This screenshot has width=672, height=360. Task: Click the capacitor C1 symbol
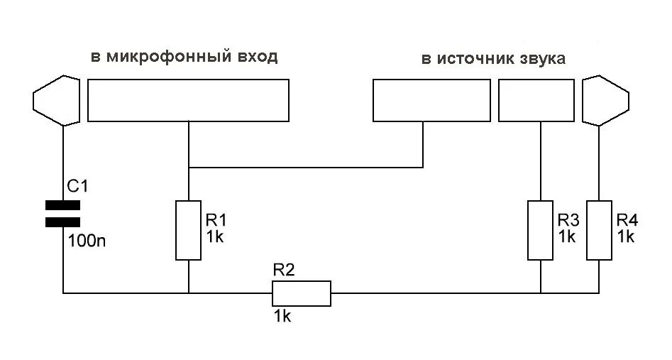coord(62,214)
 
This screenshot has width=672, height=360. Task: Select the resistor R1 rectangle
coord(188,230)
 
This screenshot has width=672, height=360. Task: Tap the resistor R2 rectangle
coord(302,293)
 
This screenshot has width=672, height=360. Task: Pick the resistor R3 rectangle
coord(541,230)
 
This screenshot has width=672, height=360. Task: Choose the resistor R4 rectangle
coord(599,230)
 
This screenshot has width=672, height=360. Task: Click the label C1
coord(77,187)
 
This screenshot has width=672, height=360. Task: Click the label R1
coord(215,219)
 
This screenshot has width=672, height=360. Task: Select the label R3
coord(568,218)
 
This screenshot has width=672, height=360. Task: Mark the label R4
coord(627,219)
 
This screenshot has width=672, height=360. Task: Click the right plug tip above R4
coord(605,99)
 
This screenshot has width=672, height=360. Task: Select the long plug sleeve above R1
coord(188,100)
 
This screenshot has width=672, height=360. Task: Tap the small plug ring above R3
coord(536,100)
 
